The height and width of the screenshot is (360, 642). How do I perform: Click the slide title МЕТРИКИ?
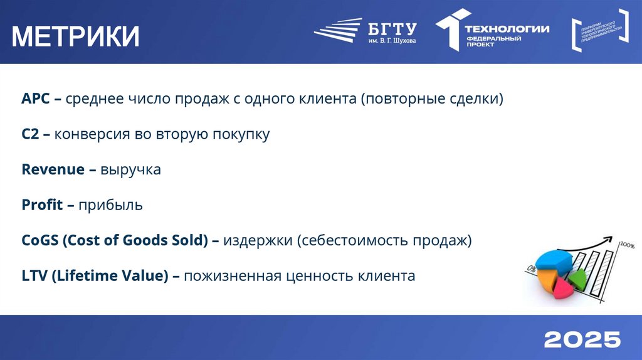coord(76,36)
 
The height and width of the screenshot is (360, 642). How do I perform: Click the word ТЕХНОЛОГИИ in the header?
coord(507,28)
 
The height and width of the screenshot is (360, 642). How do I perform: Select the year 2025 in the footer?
coord(582,339)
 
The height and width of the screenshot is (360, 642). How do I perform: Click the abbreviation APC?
coord(35,99)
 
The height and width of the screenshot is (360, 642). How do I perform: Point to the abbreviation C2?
coord(31,134)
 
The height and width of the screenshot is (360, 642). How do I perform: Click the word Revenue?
coord(53,169)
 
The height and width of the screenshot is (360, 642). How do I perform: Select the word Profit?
coord(42,204)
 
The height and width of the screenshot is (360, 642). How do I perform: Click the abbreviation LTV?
coord(34,275)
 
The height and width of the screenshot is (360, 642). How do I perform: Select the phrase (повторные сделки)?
coord(431,99)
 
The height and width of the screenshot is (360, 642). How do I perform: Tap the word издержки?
coord(258,240)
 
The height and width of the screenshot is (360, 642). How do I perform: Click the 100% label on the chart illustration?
coord(627,245)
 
